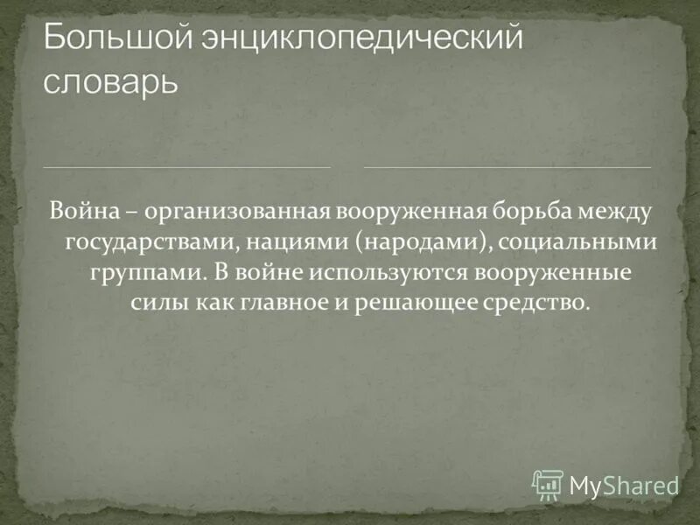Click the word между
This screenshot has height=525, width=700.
pos(621,210)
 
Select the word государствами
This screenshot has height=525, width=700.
pos(139,241)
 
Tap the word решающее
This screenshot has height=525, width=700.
pos(419,303)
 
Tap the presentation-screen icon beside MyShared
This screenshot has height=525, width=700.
pos(548,483)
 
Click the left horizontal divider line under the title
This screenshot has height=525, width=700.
pos(187,164)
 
